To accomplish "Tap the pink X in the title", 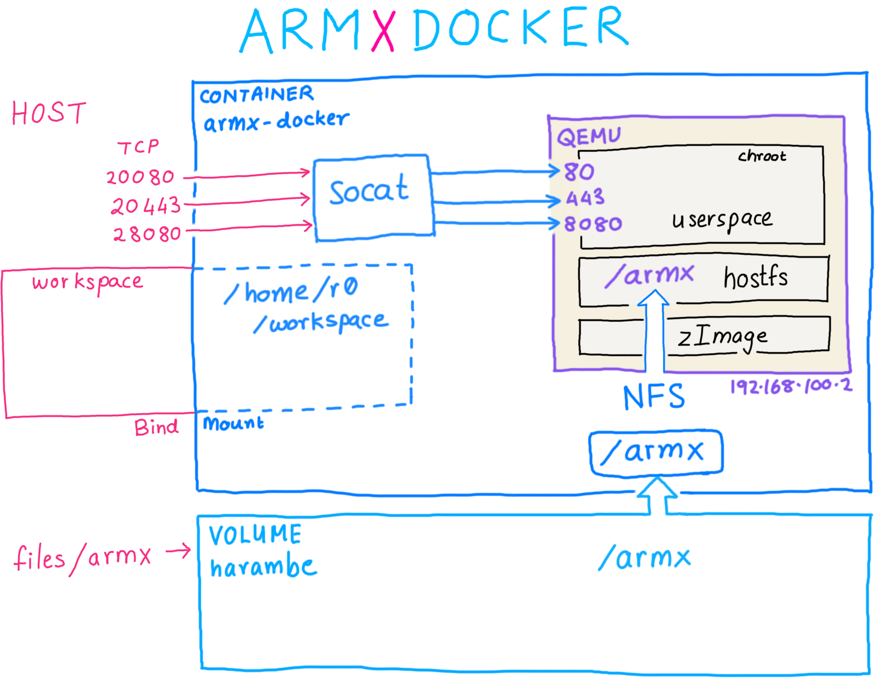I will tap(383, 30).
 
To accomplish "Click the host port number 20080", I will tap(140, 177).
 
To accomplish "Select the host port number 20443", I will tap(146, 206).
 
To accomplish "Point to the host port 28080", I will tap(148, 234).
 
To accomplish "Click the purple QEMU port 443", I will tap(586, 198).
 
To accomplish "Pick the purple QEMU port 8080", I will tap(593, 224).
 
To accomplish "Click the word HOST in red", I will tap(49, 113).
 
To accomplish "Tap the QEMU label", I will tap(589, 137).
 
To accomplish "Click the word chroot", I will tap(762, 156).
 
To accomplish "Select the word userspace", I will tap(722, 220).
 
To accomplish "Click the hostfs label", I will tap(755, 278).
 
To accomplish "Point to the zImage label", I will tap(723, 337).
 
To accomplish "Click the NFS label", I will tap(654, 397).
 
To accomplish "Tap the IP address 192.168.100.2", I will tap(791, 387).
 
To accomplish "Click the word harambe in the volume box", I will tap(263, 567).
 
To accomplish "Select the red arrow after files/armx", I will tap(178, 551).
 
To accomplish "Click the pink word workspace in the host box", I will tap(87, 282).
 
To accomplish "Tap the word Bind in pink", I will tap(156, 427).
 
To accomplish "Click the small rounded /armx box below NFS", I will tap(656, 453).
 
